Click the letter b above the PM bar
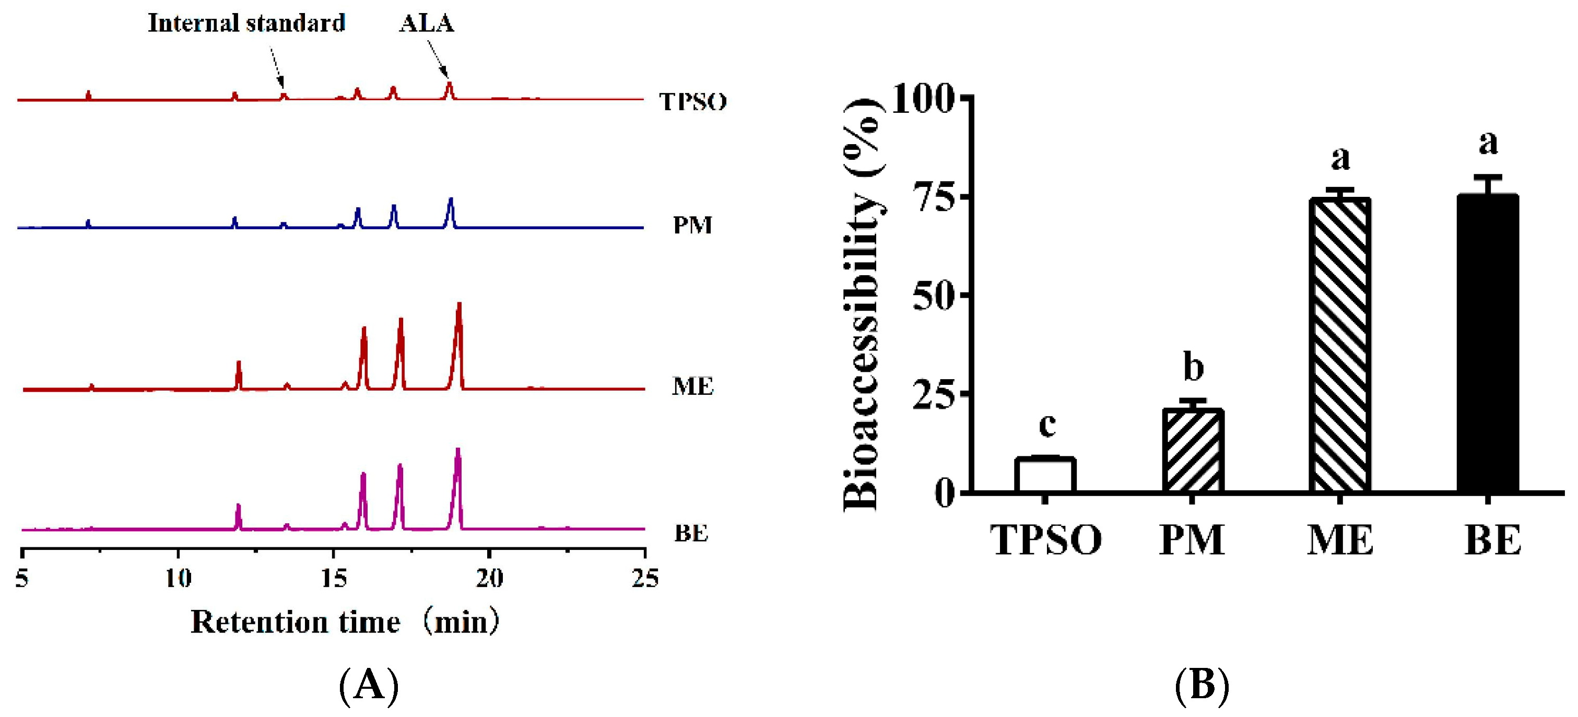coord(1193,368)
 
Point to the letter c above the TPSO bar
coord(1047,424)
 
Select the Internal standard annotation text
coord(247,23)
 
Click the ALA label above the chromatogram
coord(427,23)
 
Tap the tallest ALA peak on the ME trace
coord(459,307)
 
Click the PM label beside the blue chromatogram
coord(692,226)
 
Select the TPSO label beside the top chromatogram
coord(693,101)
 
